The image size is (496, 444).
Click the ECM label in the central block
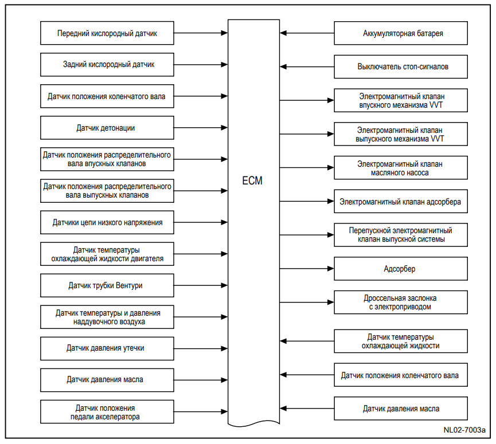pos(252,180)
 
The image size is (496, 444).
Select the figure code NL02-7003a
pos(464,430)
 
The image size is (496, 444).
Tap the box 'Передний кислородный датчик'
pos(107,33)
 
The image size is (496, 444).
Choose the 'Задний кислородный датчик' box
pos(107,65)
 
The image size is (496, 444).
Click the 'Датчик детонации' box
pos(107,128)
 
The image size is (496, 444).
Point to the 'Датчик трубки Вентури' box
pos(107,285)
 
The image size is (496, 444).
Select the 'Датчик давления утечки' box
pos(107,348)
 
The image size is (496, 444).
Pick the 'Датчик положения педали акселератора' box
pos(107,411)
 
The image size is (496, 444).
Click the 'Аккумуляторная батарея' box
pos(401,33)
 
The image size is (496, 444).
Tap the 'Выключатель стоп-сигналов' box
pos(401,66)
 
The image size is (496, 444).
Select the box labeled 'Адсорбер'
pos(401,269)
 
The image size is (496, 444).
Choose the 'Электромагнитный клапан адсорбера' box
pos(401,201)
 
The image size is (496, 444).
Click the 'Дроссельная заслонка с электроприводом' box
pos(401,302)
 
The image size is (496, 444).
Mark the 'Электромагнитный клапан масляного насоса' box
pos(401,167)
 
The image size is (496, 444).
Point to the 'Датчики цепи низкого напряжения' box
pos(107,222)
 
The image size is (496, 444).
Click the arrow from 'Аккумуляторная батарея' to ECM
pos(307,33)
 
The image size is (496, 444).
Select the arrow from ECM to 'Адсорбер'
pos(307,269)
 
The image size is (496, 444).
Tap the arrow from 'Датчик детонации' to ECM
pos(201,128)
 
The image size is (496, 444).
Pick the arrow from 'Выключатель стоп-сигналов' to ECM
pos(307,66)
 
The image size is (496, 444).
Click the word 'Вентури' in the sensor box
pos(129,285)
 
